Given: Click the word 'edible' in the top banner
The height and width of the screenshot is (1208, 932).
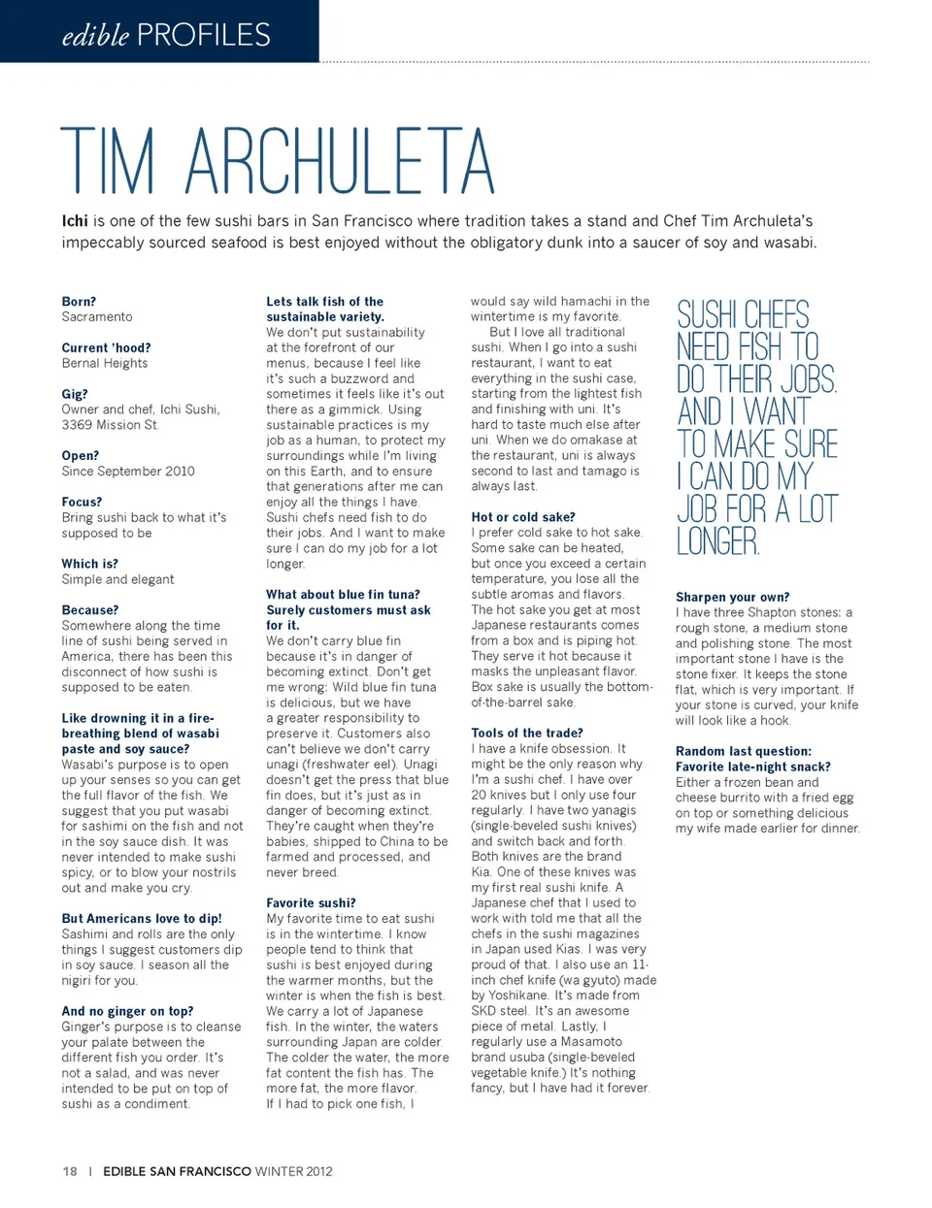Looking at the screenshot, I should (95, 36).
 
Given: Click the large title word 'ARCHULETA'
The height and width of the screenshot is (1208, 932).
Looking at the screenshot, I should (340, 162).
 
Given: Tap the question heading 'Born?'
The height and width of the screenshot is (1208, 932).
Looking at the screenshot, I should (79, 302).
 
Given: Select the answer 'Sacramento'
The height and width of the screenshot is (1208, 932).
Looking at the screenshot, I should (97, 317).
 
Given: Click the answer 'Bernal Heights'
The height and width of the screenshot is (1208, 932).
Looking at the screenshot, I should (105, 363).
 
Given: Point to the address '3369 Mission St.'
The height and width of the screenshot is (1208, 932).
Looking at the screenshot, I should (111, 425).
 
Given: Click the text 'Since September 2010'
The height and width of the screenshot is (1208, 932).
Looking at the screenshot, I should (128, 472).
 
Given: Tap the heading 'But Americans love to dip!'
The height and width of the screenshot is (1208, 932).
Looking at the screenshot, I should (142, 919).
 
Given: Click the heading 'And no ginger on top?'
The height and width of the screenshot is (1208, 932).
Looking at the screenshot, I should (127, 1011).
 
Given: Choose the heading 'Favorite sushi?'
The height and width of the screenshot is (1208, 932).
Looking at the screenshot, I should (311, 903).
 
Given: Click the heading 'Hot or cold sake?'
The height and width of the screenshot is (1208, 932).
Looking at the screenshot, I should (522, 517).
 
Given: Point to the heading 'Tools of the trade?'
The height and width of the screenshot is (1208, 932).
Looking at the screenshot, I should (527, 734).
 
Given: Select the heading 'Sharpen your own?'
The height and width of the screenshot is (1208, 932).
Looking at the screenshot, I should (732, 597).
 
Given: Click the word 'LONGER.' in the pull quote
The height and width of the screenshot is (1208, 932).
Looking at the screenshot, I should (717, 541).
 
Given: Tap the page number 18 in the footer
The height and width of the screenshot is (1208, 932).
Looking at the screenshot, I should (70, 1171).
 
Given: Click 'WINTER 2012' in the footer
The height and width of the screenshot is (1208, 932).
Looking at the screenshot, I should (293, 1171).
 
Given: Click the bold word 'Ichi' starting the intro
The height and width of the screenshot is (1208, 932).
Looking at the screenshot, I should (75, 221).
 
